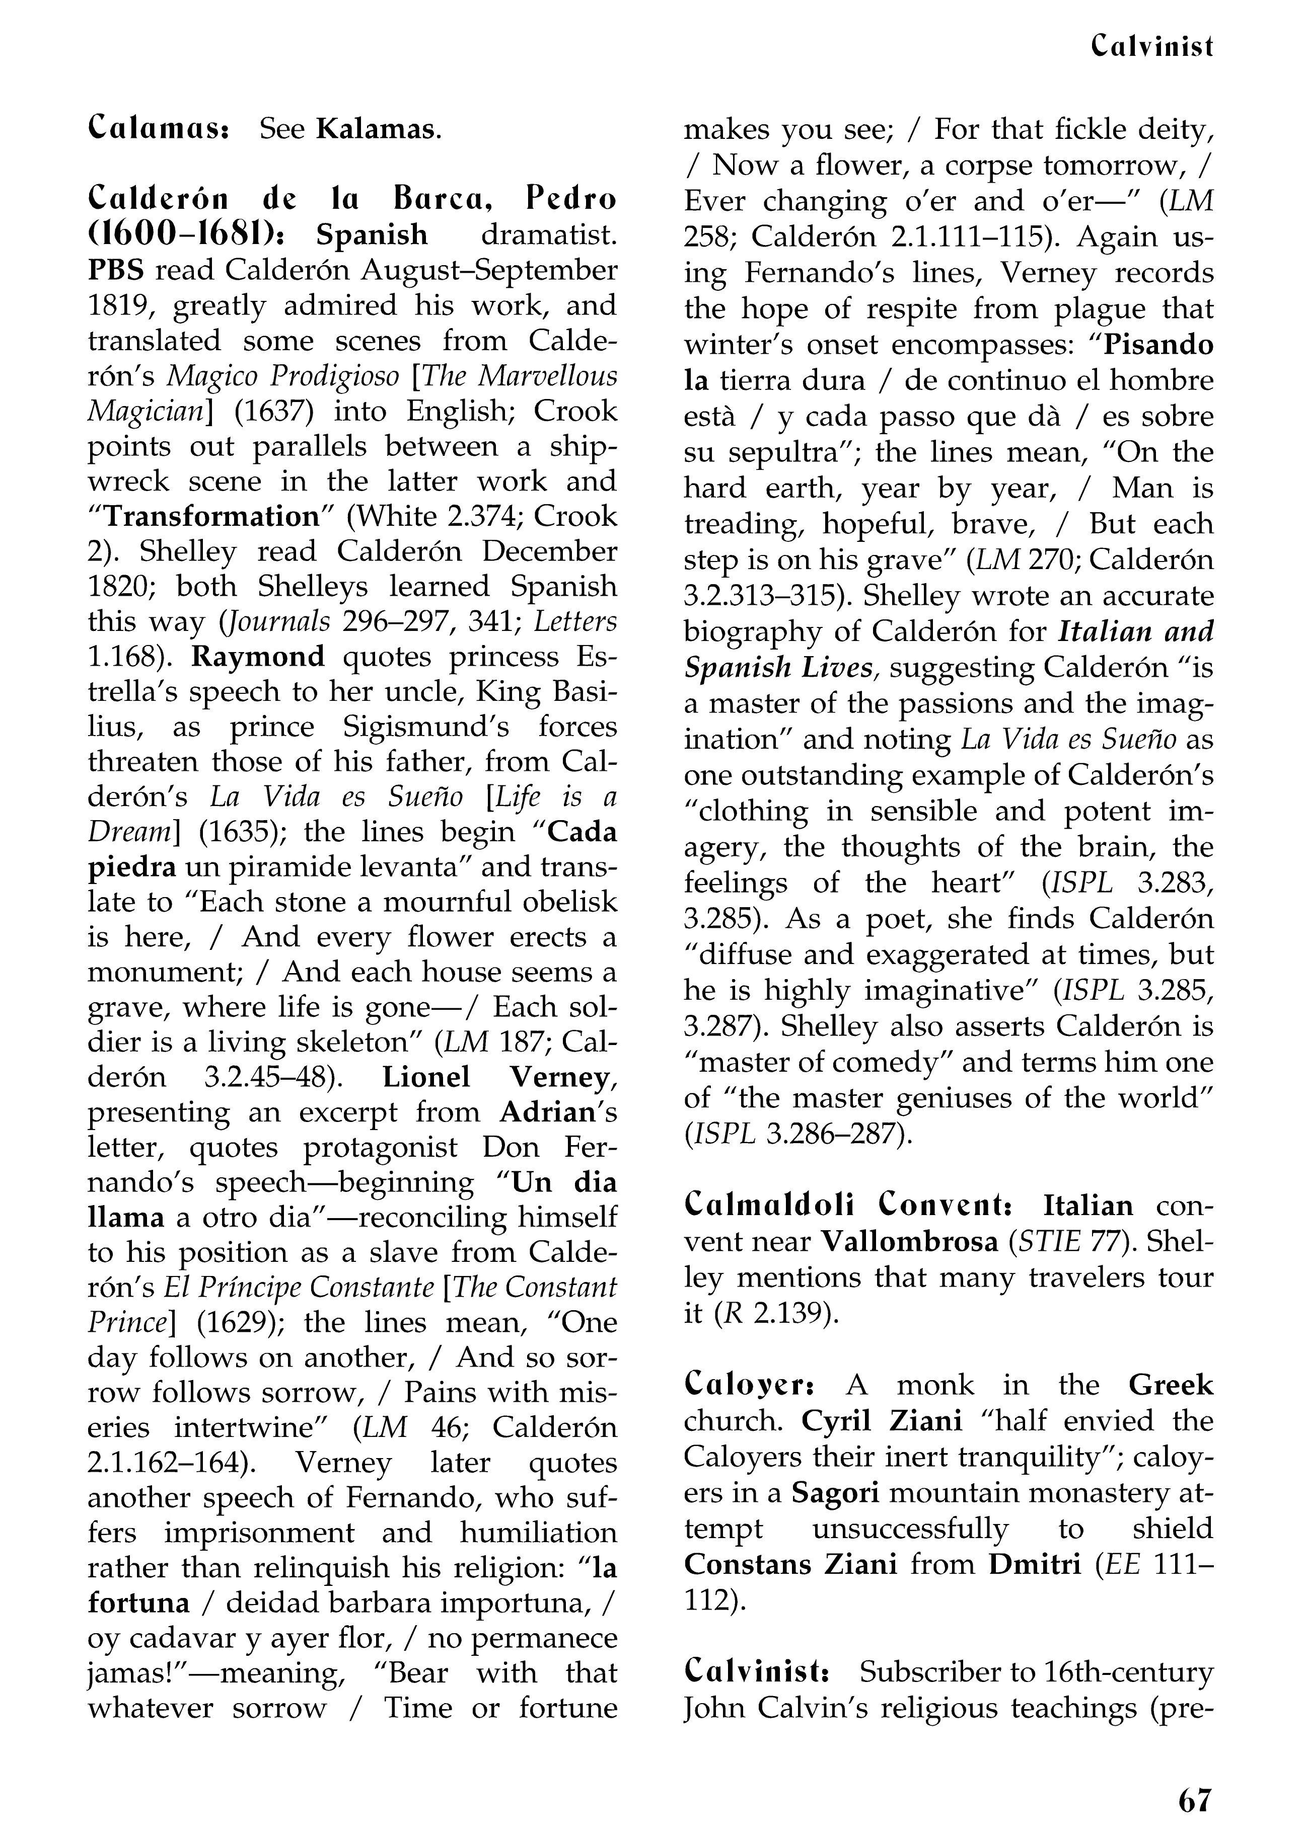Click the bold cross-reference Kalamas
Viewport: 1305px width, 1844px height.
click(x=378, y=128)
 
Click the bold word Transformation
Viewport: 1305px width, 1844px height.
click(x=212, y=516)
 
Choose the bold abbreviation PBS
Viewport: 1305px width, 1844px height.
click(x=116, y=270)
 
